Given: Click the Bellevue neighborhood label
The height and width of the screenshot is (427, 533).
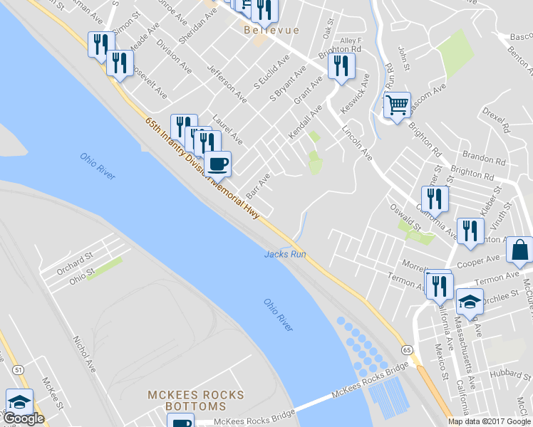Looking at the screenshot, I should point(270,30).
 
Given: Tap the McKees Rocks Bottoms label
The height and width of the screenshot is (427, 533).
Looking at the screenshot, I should point(195,401).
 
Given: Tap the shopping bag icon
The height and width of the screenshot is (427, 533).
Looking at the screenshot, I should point(520,250).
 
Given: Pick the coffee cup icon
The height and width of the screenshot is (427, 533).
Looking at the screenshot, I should point(218,163).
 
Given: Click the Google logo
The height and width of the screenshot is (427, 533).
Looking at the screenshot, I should point(24,418).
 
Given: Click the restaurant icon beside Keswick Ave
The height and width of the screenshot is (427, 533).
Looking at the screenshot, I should point(341,66).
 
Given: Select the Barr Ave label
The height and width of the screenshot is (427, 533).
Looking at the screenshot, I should point(257,186).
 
